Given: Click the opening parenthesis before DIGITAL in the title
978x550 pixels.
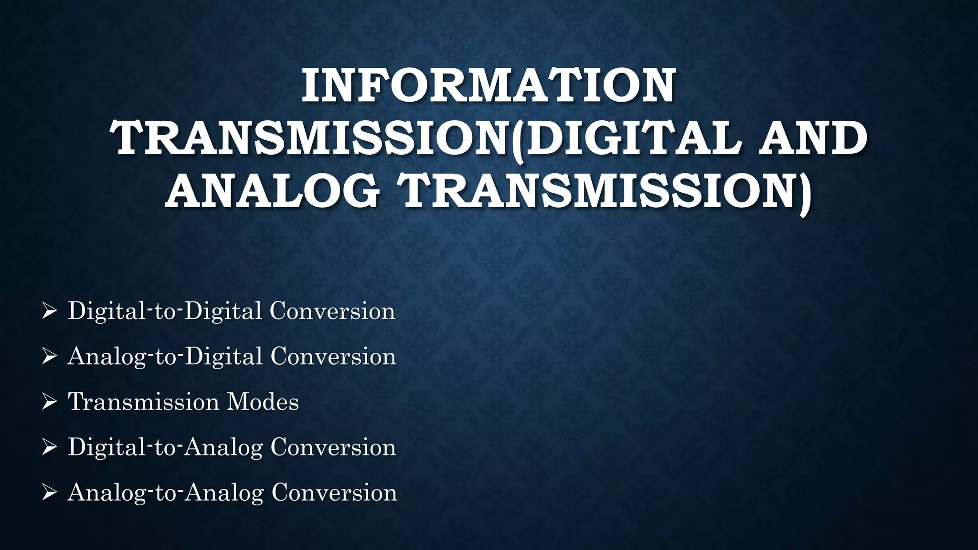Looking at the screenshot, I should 516,140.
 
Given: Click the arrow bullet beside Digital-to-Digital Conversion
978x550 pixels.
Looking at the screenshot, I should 49,311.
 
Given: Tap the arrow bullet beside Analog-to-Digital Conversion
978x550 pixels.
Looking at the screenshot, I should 49,357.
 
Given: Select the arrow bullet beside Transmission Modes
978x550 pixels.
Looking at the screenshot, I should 49,402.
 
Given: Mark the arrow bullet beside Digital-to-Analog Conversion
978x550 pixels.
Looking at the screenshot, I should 49,447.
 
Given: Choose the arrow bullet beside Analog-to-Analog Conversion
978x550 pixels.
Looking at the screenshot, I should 49,493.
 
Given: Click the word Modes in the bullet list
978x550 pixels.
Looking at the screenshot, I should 263,402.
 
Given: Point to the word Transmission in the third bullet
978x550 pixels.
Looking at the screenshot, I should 143,402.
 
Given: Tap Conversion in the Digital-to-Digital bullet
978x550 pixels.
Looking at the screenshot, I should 332,311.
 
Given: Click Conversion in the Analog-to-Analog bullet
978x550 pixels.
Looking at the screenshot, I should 334,493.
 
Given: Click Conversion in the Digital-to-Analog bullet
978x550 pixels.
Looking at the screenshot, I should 333,447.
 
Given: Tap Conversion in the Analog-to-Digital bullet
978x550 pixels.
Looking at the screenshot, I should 333,357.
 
